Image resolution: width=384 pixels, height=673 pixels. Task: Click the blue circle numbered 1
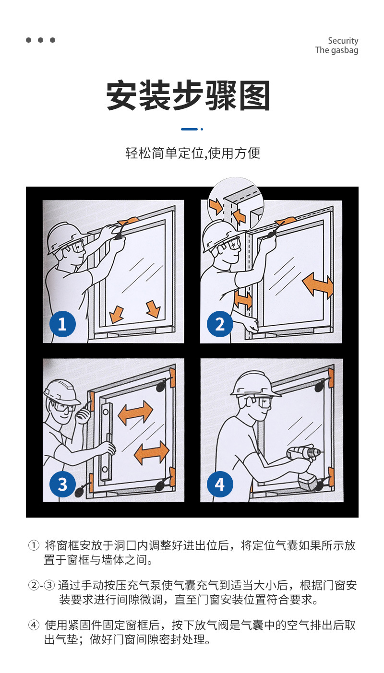[x=62, y=324]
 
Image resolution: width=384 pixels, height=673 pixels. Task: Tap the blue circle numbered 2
[x=220, y=324]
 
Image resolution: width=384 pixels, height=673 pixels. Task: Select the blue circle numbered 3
[x=62, y=484]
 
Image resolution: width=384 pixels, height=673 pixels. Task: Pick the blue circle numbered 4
[x=220, y=484]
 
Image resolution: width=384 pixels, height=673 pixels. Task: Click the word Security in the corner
[x=343, y=41]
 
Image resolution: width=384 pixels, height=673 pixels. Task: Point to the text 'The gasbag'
[x=337, y=50]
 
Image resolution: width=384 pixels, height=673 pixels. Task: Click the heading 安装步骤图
[x=188, y=95]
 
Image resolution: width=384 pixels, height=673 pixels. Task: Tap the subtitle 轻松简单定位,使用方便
[x=192, y=153]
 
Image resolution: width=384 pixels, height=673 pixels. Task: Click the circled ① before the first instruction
[x=34, y=545]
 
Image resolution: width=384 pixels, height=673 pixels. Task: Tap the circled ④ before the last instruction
[x=34, y=625]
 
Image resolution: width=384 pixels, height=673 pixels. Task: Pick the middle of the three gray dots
[x=41, y=40]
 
